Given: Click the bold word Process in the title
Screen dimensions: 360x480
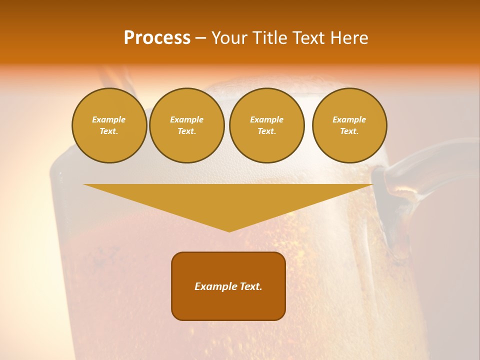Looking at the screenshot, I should pos(157,38).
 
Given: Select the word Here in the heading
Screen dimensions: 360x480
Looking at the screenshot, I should pos(348,38).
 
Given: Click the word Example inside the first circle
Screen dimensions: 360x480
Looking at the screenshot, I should pos(109,119).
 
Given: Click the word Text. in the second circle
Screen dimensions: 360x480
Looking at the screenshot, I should pos(186,131).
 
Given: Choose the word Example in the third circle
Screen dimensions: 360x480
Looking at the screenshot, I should pos(266,119).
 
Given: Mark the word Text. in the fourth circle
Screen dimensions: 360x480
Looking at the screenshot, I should pos(349,131).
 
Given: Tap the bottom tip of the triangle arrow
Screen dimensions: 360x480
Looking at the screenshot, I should pos(229,230).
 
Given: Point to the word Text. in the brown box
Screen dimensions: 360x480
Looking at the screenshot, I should pos(251,286).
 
